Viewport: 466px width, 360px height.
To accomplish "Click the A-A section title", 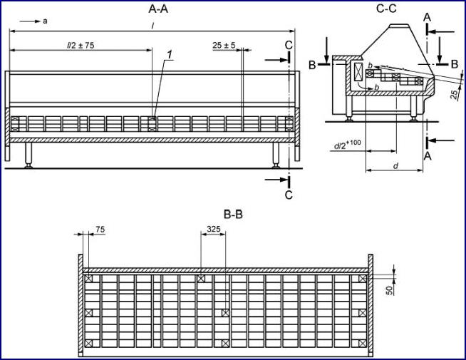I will coord(158,9).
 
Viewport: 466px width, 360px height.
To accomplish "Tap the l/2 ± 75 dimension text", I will coord(81,44).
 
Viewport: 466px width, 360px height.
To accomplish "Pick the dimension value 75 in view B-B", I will coord(100,230).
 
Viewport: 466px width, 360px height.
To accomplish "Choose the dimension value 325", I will coord(213,230).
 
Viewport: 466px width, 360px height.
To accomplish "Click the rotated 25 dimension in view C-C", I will coord(455,95).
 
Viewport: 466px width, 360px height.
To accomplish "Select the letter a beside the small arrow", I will coord(45,21).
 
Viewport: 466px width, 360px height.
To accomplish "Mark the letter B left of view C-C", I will coord(312,64).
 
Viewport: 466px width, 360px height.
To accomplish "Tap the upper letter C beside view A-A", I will coord(288,44).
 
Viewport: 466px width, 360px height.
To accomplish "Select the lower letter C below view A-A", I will coord(288,193).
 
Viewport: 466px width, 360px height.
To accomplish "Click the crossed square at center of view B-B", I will coord(226,312).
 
